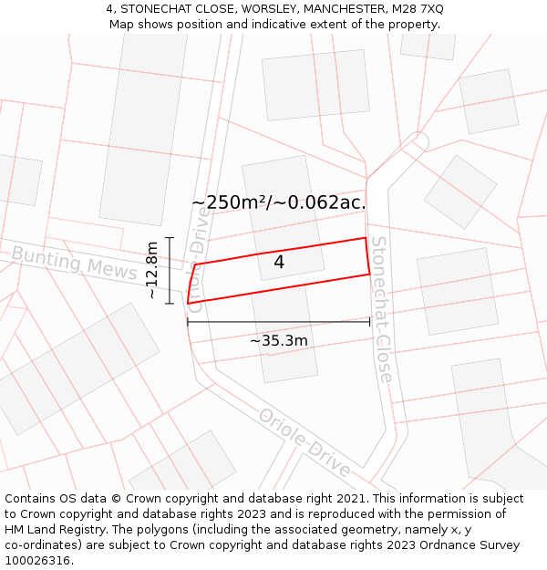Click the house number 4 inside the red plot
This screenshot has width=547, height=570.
[x=279, y=263]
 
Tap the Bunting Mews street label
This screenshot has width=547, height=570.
[x=74, y=263]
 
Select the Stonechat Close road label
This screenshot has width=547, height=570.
[x=381, y=309]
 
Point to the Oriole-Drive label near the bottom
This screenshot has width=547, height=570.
[x=304, y=442]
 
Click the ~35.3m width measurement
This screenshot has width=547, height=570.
[x=278, y=340]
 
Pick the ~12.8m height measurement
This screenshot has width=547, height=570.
[x=152, y=270]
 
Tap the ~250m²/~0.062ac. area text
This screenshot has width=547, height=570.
[x=278, y=202]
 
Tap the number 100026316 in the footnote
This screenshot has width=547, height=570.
[x=37, y=561]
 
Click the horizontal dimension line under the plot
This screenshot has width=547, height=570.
[x=278, y=322]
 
